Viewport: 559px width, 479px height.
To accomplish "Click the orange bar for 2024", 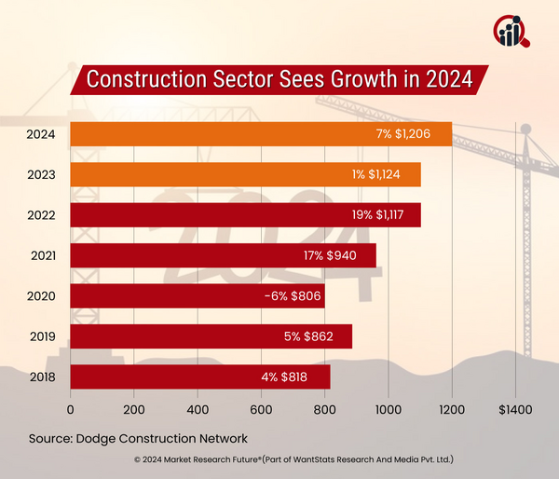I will [x=261, y=134].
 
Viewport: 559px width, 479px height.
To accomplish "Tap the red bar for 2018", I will [x=200, y=376].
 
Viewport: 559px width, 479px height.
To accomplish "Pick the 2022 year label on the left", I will [x=41, y=215].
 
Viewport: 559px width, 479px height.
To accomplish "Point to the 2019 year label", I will [x=41, y=336].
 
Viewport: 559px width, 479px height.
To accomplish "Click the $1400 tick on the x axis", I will [x=515, y=408].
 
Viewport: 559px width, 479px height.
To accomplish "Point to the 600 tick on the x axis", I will [x=261, y=408].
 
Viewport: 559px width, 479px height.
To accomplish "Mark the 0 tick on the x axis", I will [x=71, y=408].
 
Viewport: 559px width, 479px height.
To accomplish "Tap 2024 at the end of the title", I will [x=446, y=80].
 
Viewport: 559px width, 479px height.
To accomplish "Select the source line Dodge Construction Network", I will [x=138, y=437].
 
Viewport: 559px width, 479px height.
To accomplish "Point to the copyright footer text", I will [x=279, y=460].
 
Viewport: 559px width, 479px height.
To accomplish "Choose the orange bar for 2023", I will [x=246, y=174].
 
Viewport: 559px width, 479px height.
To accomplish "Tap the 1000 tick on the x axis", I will [x=388, y=408].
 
